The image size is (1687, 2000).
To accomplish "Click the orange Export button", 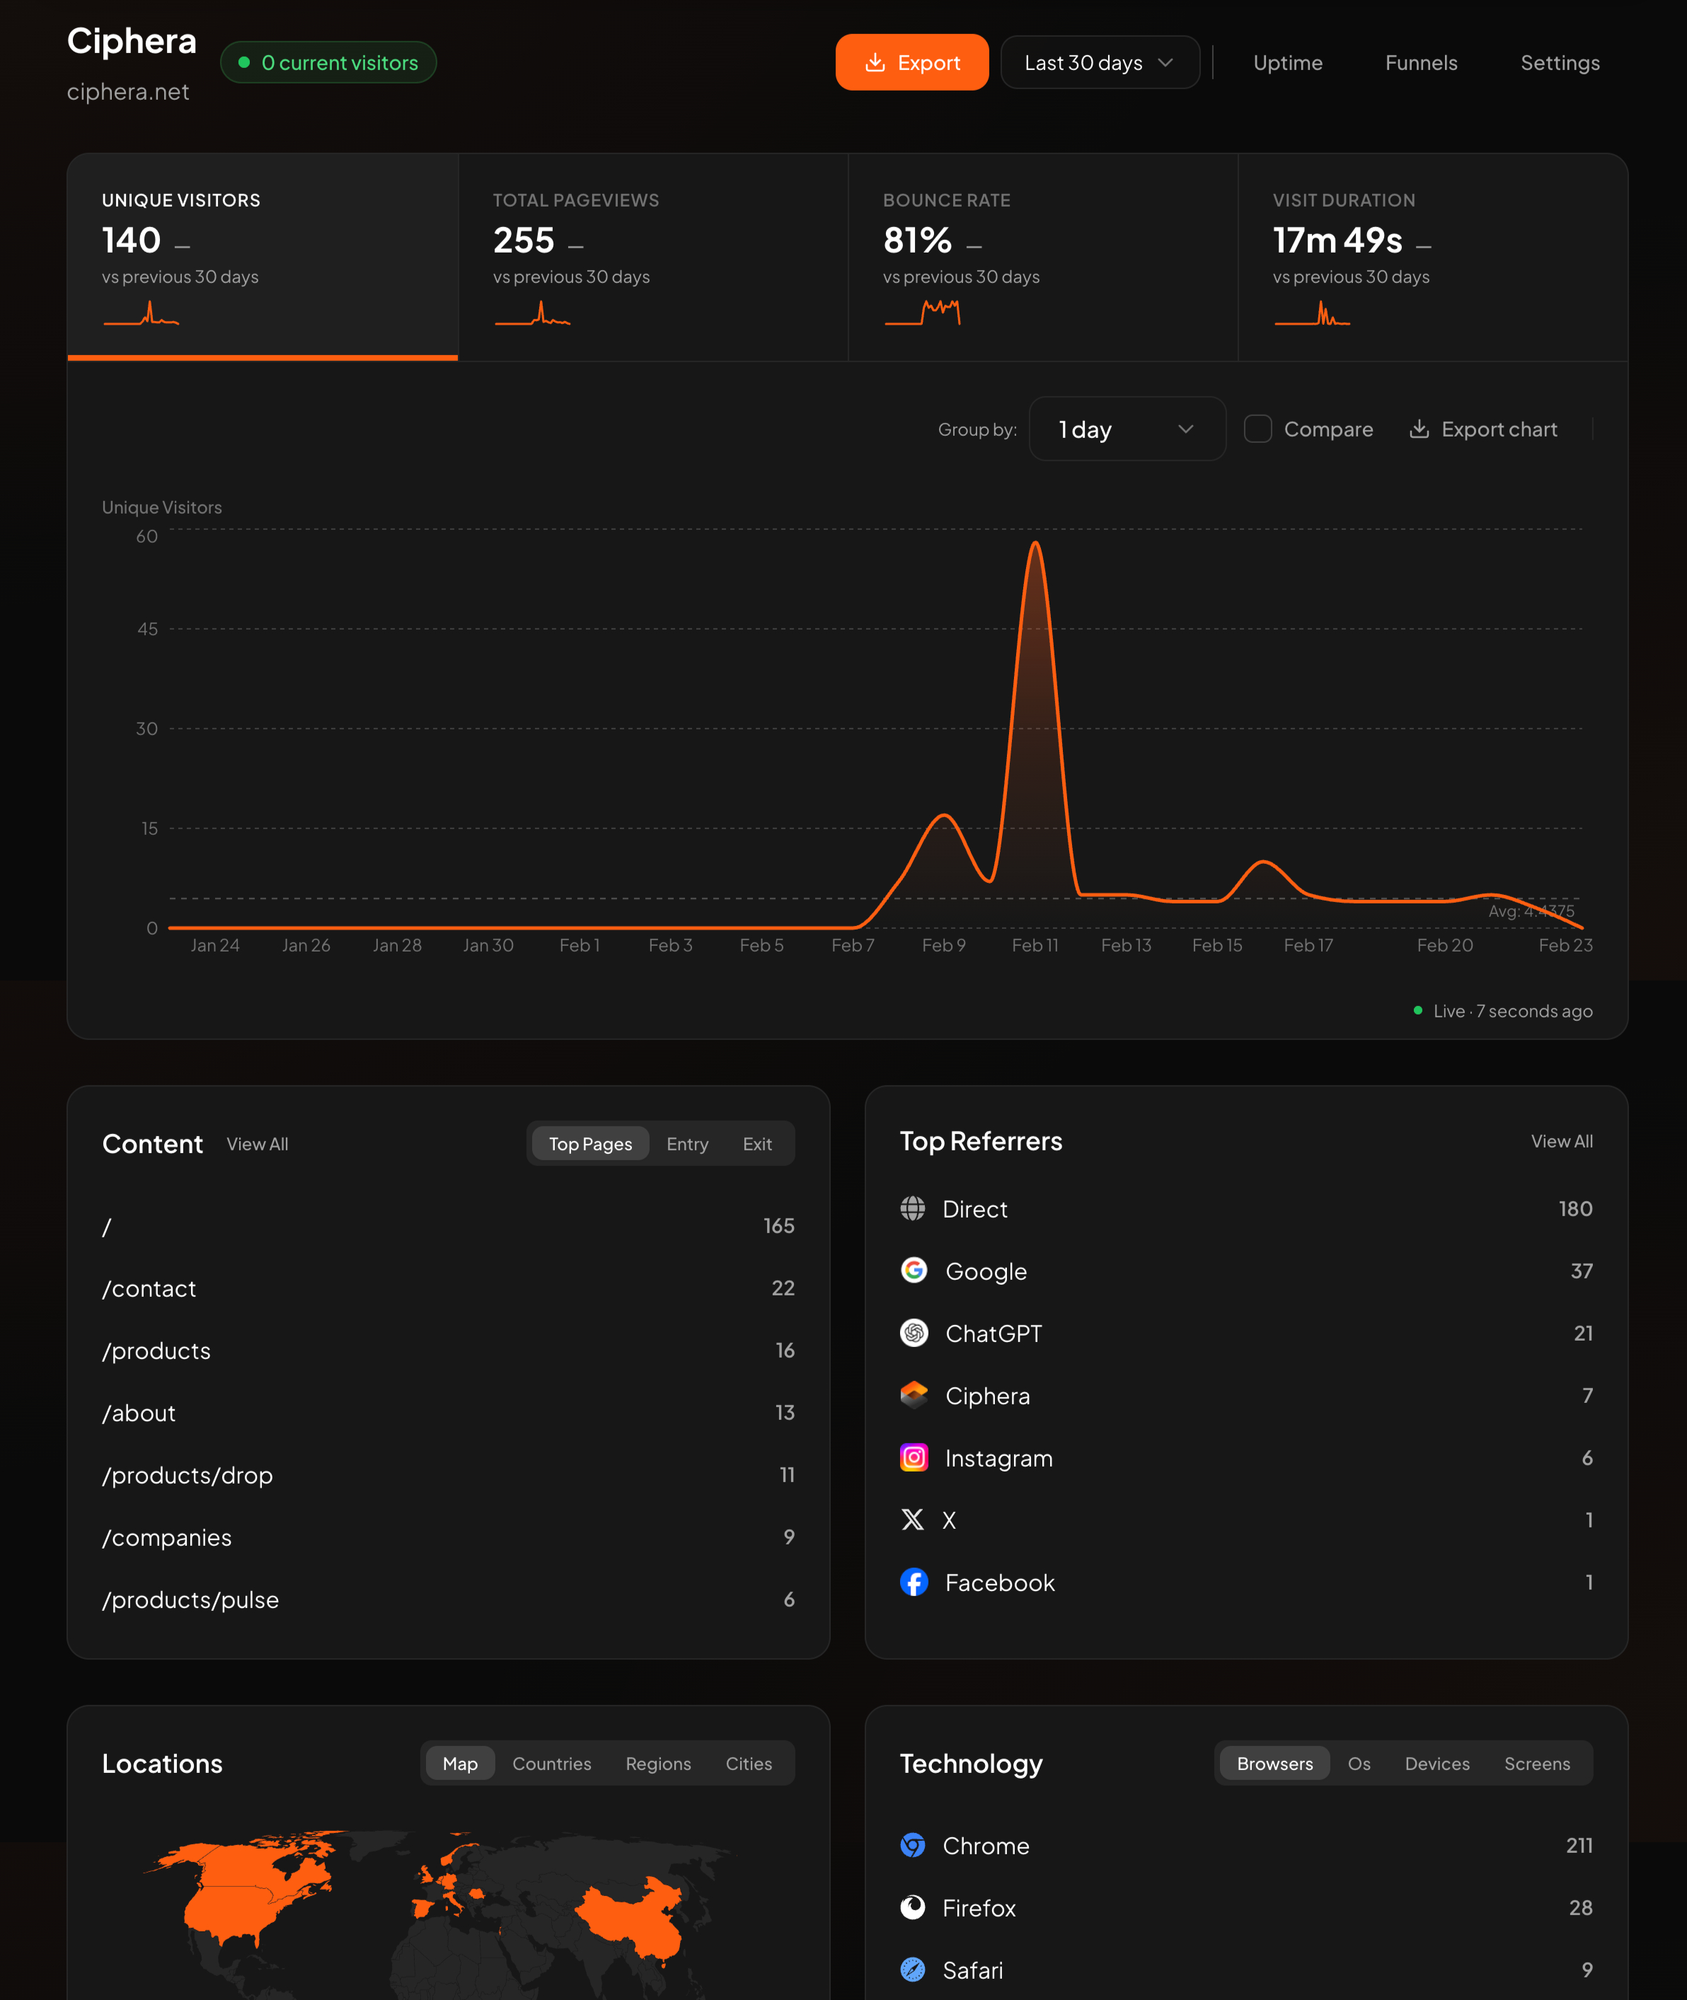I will tap(911, 62).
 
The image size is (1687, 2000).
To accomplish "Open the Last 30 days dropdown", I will tap(1099, 62).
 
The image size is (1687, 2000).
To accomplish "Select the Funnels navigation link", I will tap(1420, 62).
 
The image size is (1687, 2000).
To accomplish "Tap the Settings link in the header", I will tap(1559, 62).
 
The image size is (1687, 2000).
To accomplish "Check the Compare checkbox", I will tap(1257, 429).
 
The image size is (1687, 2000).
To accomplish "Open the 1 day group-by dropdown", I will tap(1127, 429).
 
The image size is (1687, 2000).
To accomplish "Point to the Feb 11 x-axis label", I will tap(1035, 945).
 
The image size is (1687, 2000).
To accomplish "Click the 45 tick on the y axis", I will tap(147, 629).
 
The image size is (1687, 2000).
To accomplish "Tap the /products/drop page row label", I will tap(188, 1475).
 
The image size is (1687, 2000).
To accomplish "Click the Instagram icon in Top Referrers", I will tap(914, 1458).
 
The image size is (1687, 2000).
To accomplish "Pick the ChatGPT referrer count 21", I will tap(1583, 1334).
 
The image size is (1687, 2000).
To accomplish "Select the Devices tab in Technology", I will tap(1436, 1764).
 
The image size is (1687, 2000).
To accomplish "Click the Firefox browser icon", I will tap(914, 1908).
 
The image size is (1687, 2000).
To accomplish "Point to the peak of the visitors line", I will tap(1035, 543).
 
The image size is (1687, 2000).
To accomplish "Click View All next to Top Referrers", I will tap(1561, 1141).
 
